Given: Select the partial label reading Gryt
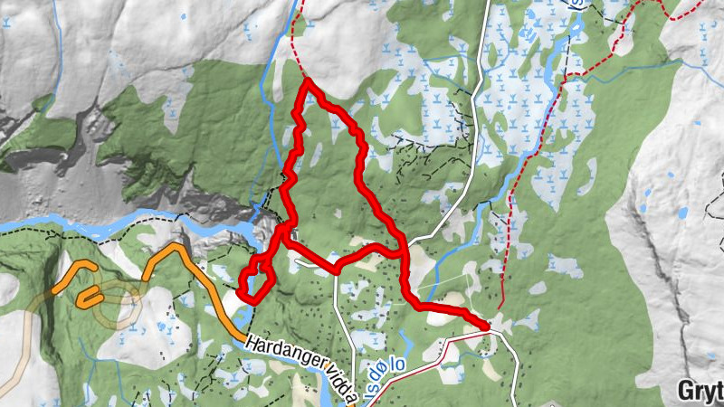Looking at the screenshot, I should coord(702,391).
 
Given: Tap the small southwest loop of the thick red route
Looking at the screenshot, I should coord(254,281).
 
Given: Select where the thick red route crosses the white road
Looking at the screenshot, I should coord(337,269).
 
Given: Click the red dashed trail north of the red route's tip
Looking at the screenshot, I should coord(295,36).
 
